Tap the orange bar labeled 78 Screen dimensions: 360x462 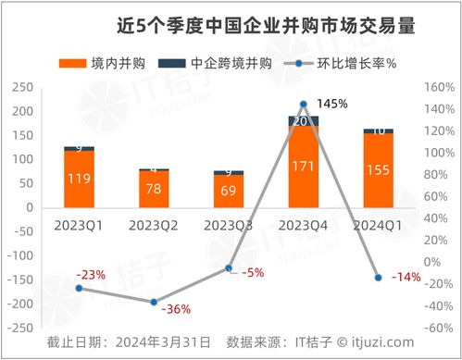point(154,189)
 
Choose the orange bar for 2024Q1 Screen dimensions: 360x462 point(379,170)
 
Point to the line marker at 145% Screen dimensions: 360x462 point(304,105)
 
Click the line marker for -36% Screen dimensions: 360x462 point(154,303)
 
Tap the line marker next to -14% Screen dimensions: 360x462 point(379,278)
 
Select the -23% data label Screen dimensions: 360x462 point(93,275)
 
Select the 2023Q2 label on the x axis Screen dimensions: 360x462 point(154,224)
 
